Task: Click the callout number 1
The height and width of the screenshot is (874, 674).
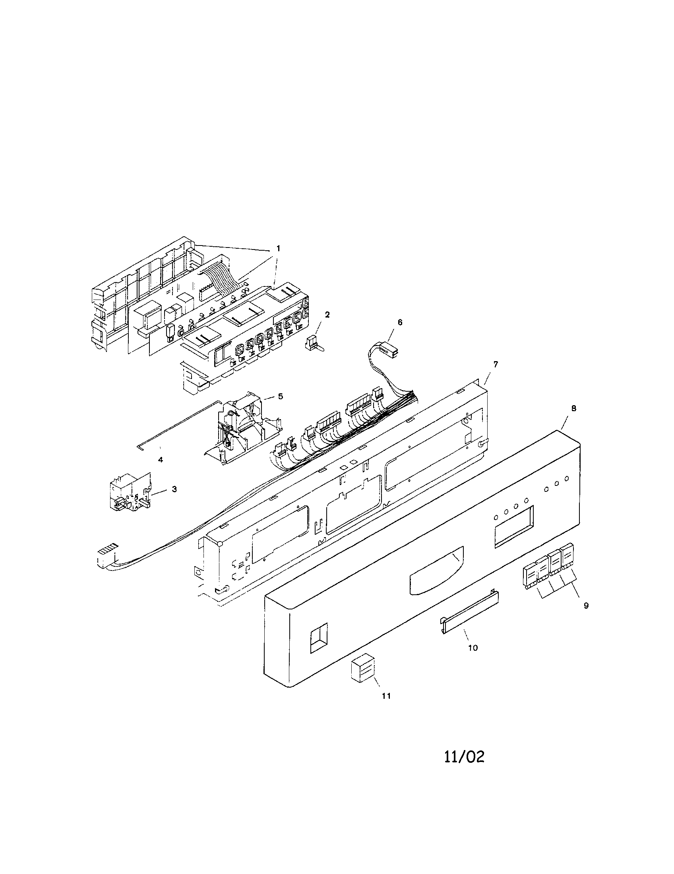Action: [278, 249]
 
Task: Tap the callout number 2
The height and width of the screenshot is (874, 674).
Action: [327, 315]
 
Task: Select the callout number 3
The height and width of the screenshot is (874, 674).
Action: [174, 489]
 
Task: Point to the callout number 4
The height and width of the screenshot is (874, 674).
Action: [161, 460]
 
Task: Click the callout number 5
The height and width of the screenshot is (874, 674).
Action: [281, 396]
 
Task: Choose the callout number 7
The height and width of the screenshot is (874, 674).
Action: [496, 364]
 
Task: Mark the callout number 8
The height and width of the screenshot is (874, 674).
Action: [574, 408]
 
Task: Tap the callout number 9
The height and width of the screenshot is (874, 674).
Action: [586, 606]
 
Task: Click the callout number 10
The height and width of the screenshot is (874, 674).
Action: [473, 648]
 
